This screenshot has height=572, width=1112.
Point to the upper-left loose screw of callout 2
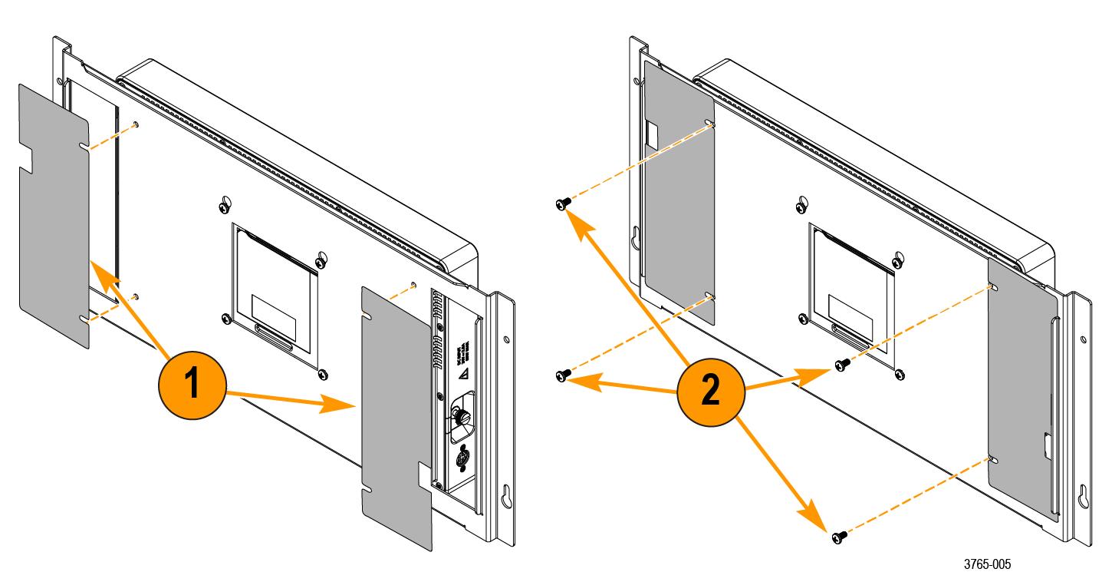click(x=562, y=203)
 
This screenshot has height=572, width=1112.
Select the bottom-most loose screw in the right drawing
click(x=836, y=535)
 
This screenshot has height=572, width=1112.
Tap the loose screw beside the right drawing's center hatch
click(x=841, y=363)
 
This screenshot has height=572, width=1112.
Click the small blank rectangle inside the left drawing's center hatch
click(x=272, y=305)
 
